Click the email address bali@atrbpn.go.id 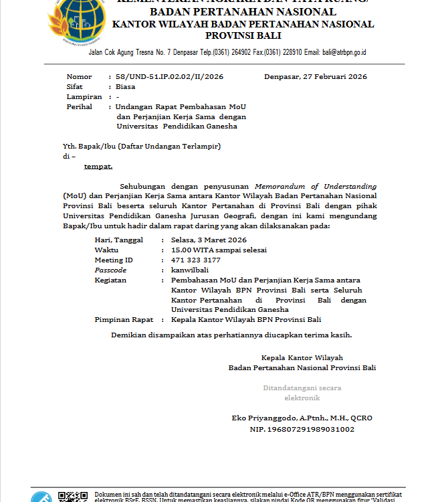pyautogui.click(x=344, y=52)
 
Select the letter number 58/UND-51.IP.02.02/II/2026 pyautogui.click(x=169, y=77)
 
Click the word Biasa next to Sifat pyautogui.click(x=125, y=87)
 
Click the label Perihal pyautogui.click(x=79, y=107)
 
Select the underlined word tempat pyautogui.click(x=98, y=165)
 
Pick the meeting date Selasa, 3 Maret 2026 pyautogui.click(x=209, y=240)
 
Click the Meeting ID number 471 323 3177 pyautogui.click(x=195, y=260)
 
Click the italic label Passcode pyautogui.click(x=110, y=270)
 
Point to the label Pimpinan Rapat pyautogui.click(x=124, y=320)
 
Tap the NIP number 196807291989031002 pyautogui.click(x=302, y=429)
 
